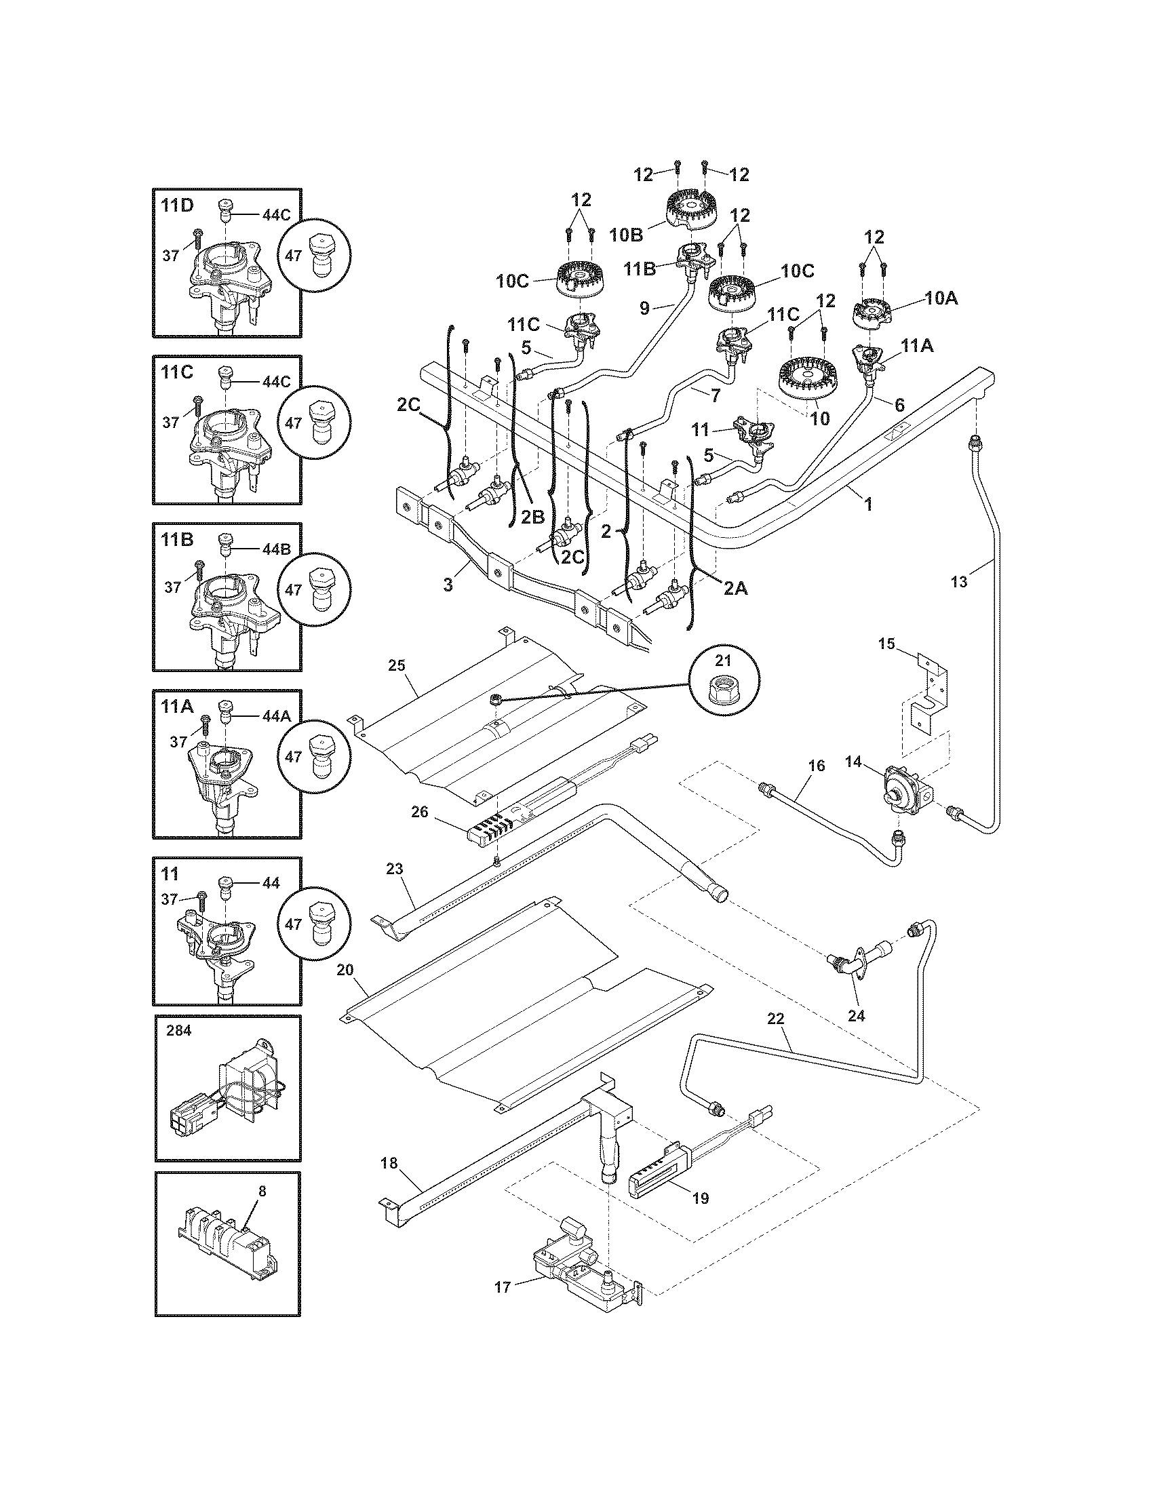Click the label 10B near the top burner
point(627,235)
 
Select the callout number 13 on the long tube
point(959,581)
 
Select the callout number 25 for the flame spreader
point(397,664)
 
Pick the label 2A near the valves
point(735,587)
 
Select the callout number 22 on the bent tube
point(775,1019)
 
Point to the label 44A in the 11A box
point(276,715)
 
